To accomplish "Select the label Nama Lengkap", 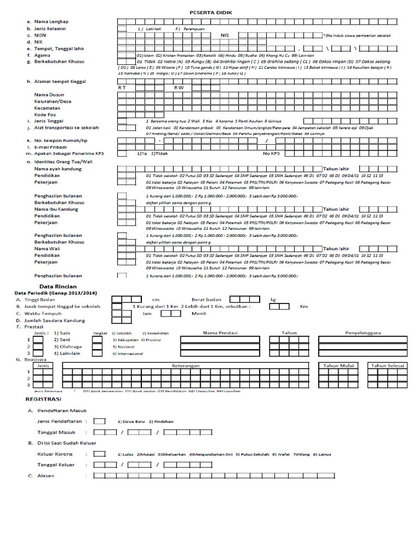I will click(x=51, y=21).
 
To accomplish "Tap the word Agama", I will click(x=42, y=55).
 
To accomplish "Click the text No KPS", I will click(x=271, y=154).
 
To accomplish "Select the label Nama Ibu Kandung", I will click(x=57, y=209).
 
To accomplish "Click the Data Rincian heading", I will click(x=58, y=286).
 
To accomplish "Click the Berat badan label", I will click(x=206, y=300).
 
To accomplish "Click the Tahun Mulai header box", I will click(x=339, y=366).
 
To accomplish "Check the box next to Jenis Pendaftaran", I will click(x=99, y=421).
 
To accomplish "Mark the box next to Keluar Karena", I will click(x=99, y=454).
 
